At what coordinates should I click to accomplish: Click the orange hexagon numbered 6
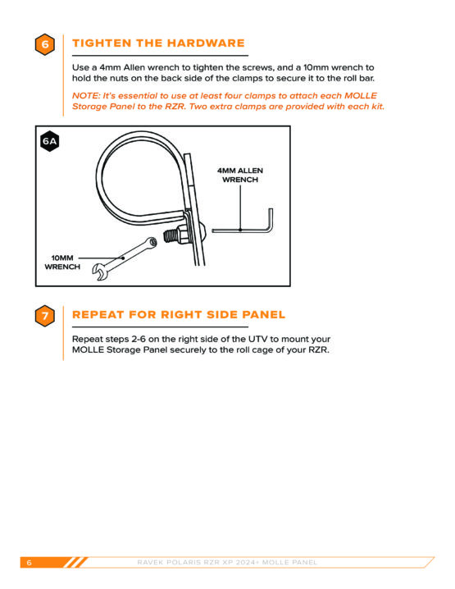pos(45,44)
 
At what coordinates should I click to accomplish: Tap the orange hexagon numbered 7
pos(45,316)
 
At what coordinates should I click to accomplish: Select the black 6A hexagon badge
pos(49,141)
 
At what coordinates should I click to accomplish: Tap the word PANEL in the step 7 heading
pos(264,315)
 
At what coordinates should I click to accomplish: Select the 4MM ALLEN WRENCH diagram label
pos(240,175)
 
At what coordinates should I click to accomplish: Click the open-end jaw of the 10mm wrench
pos(99,272)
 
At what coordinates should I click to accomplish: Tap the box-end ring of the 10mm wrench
pos(152,242)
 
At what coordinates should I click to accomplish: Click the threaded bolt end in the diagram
pos(171,236)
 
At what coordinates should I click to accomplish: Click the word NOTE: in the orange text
pos(86,96)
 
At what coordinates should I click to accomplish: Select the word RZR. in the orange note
pos(175,107)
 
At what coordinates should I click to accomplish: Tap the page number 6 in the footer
pos(30,563)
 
